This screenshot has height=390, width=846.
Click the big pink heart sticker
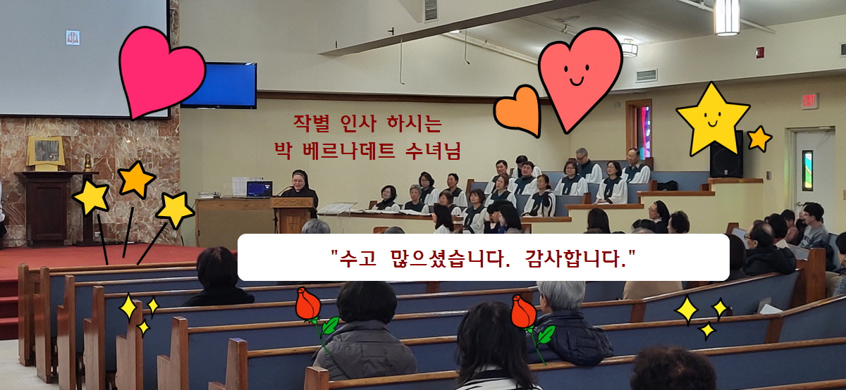tap(161, 72)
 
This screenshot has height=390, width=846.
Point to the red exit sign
tap(810, 101)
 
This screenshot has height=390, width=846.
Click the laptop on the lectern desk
tap(259, 189)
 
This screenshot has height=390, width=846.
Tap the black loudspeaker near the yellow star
tap(726, 155)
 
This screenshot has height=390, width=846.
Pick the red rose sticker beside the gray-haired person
tap(529, 325)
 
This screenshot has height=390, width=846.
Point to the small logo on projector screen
tap(73, 38)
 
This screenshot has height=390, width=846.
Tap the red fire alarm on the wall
tap(760, 52)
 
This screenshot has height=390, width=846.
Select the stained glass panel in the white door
tap(807, 170)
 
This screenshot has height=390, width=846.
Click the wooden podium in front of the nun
tap(293, 214)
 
